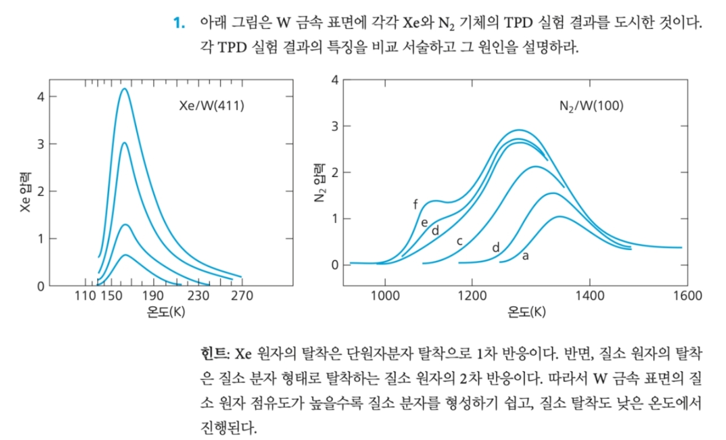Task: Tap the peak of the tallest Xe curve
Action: (x=124, y=89)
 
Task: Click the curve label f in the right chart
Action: (x=416, y=205)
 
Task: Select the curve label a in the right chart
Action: (x=525, y=256)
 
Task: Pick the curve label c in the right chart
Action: (x=459, y=241)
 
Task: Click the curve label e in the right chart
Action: (x=424, y=222)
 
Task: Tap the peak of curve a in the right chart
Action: (x=559, y=217)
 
